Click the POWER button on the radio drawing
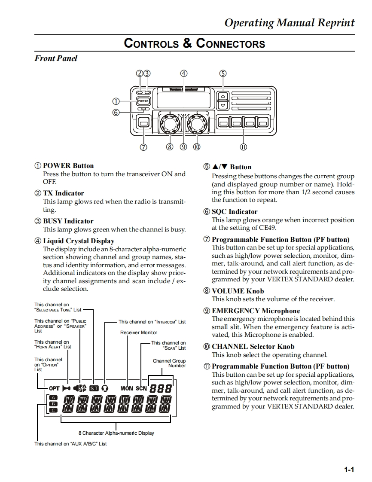coord(143,101)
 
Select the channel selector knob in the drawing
coord(197,123)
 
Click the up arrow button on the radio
coord(223,96)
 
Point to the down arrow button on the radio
coord(223,105)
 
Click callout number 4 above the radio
coord(184,73)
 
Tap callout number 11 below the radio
coord(243,147)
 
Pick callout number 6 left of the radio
coord(116,113)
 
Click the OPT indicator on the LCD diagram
coord(54,388)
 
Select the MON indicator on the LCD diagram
coord(127,388)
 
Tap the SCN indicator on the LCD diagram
coord(141,388)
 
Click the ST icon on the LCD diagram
coord(94,388)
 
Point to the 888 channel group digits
coord(161,388)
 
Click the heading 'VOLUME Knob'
coord(238,291)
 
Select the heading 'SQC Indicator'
coord(235,212)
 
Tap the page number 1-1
coord(349,470)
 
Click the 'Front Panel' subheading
coord(56,58)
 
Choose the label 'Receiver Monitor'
coord(139,333)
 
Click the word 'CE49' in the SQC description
coord(267,228)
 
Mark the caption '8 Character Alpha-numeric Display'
coord(116,433)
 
